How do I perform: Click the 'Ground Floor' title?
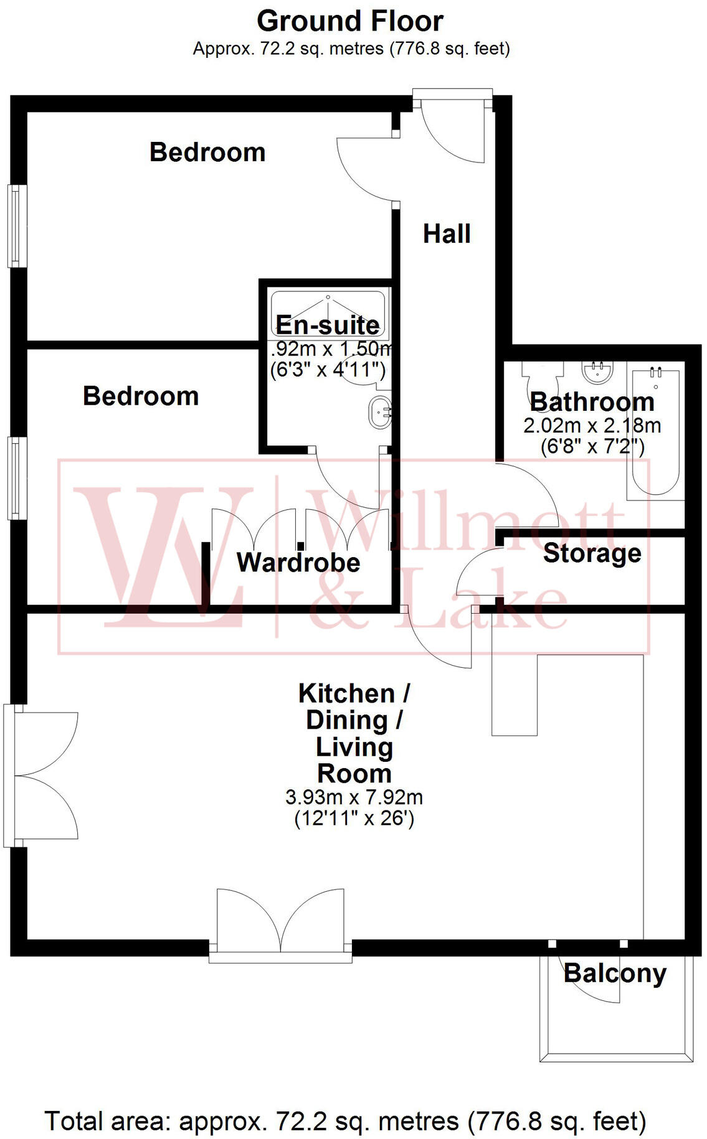[350, 22]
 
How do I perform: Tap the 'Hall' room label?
[447, 234]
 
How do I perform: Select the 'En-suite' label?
[328, 325]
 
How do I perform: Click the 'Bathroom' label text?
[592, 402]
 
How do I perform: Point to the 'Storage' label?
[592, 553]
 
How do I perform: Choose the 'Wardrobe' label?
[298, 563]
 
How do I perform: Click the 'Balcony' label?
[615, 973]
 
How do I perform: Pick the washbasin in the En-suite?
[380, 412]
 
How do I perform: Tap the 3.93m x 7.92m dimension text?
[354, 797]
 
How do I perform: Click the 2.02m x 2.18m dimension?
[592, 426]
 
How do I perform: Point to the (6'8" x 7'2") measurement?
[592, 446]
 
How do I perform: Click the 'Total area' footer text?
[346, 1121]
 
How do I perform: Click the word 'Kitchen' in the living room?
[346, 693]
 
